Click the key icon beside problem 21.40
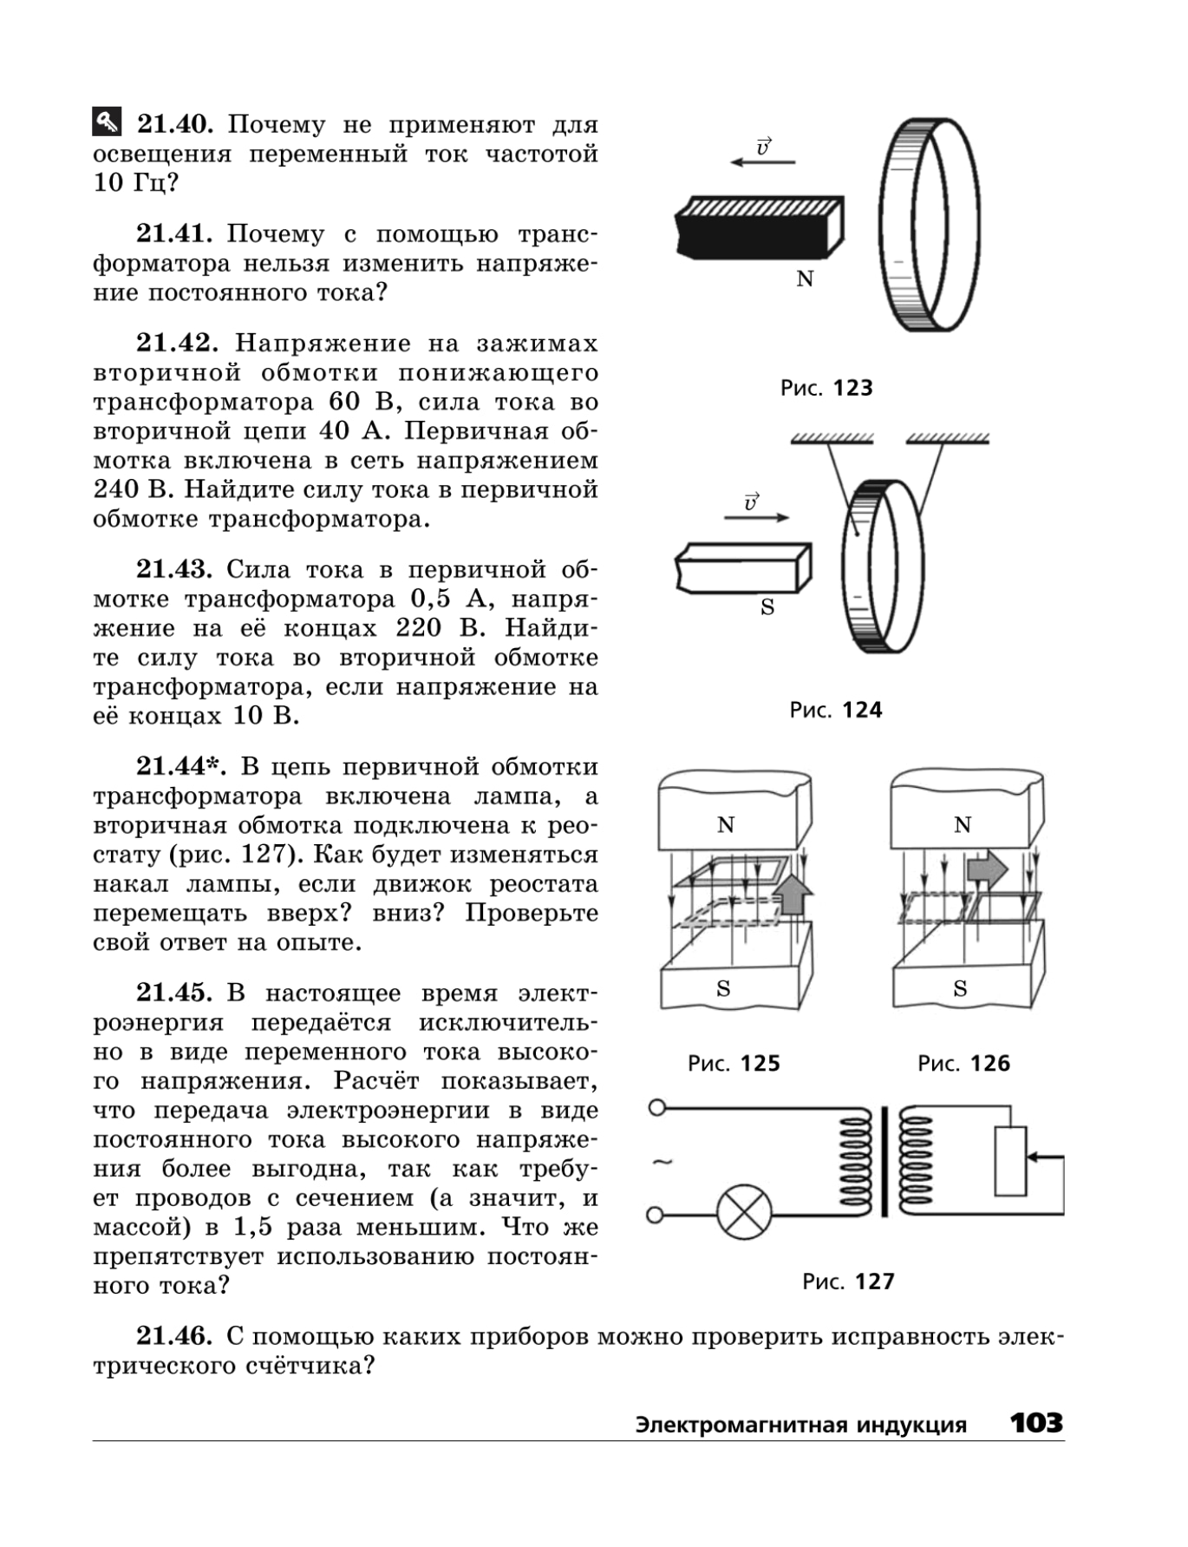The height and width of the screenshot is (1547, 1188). [x=107, y=122]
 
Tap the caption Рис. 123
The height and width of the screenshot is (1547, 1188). [x=826, y=388]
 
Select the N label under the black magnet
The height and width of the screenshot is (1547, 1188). [x=805, y=279]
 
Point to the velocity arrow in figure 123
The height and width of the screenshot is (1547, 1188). [x=763, y=161]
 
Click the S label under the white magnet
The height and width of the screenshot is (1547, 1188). [x=767, y=607]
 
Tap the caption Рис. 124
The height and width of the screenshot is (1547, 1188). [x=836, y=710]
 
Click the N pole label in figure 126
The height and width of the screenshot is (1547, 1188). [x=962, y=824]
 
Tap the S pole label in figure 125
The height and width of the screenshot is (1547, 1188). [x=723, y=988]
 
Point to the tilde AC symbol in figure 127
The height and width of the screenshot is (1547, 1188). [x=663, y=1162]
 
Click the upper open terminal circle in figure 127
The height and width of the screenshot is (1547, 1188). [x=657, y=1107]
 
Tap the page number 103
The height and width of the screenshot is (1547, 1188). [x=1036, y=1422]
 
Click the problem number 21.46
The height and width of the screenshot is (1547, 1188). [x=174, y=1335]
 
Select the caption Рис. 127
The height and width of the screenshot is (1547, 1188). [x=848, y=1282]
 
